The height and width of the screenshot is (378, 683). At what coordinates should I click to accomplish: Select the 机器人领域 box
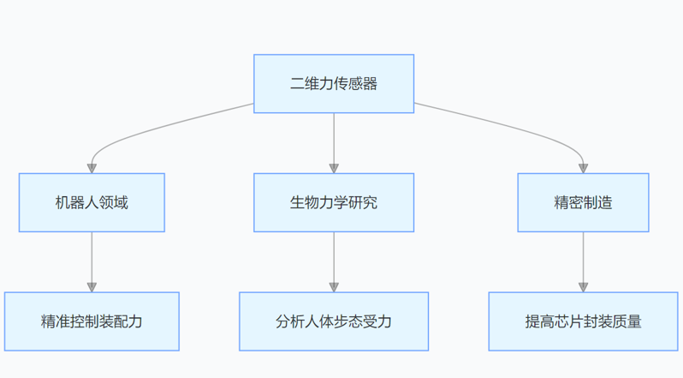92,202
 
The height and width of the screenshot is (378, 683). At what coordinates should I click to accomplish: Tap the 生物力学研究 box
334,202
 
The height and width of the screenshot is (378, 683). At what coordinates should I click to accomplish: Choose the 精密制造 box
583,202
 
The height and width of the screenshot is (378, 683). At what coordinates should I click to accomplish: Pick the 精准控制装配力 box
92,321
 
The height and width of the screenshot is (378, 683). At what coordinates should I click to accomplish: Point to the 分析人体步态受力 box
334,321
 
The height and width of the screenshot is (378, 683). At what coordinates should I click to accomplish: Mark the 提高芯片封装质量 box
583,321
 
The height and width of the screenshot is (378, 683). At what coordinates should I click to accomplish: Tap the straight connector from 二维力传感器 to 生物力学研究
334,137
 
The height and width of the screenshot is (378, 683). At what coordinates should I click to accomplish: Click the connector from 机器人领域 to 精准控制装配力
92,257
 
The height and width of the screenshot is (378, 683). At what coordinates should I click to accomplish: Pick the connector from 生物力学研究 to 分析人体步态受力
334,257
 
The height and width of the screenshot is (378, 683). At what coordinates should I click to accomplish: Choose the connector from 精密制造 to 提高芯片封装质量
583,257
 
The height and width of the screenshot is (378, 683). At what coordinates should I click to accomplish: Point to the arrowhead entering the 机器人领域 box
92,168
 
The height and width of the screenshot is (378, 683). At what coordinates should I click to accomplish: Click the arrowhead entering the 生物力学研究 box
334,168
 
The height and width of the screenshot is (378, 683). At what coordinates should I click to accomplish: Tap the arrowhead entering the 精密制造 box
583,168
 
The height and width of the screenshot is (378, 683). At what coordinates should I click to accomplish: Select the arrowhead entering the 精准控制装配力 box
92,287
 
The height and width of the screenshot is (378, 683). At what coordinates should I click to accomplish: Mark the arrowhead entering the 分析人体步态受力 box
334,287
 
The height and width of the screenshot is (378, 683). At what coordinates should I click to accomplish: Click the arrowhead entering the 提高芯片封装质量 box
583,287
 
